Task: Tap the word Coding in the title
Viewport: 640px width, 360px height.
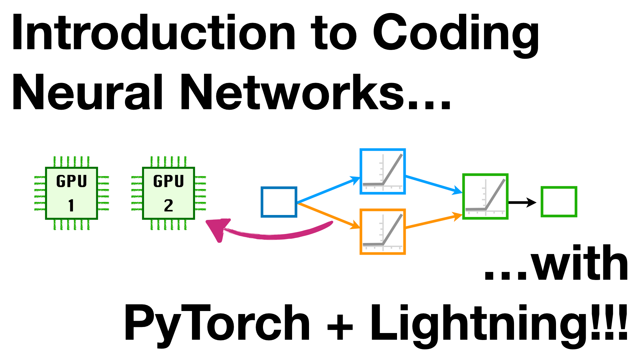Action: tap(455, 33)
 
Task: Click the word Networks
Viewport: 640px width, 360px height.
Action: tap(293, 93)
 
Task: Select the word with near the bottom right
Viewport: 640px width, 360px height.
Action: tap(580, 263)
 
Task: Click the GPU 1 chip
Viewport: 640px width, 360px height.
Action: tap(71, 193)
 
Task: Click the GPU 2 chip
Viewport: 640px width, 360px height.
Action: tap(168, 193)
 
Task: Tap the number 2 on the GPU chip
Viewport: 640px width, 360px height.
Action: tap(168, 205)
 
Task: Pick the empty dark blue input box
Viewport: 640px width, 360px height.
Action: tap(279, 202)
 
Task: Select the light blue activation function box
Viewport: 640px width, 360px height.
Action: tap(383, 171)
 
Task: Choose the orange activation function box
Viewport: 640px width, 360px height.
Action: tap(383, 232)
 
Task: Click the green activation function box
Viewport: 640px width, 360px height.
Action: tap(485, 196)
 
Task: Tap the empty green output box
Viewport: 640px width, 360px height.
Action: tap(559, 202)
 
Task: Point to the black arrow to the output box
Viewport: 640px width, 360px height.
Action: tap(522, 202)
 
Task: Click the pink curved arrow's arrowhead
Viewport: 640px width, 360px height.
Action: tap(217, 228)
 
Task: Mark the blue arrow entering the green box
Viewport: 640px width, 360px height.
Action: tap(433, 184)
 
